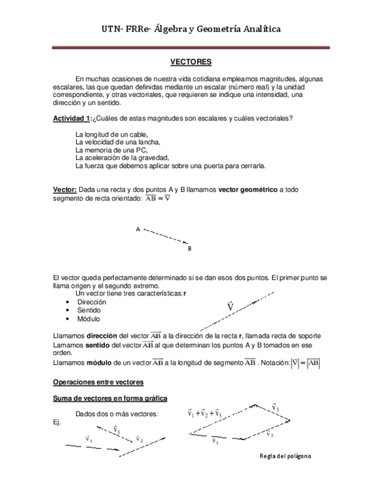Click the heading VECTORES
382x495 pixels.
point(191,61)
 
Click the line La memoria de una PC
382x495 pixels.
point(108,150)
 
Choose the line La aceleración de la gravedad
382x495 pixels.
point(122,158)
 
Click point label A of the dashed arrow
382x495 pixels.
point(138,229)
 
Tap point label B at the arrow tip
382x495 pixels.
point(190,248)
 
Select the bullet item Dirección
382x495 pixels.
point(92,302)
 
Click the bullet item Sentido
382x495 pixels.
point(89,311)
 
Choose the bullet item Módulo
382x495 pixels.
point(89,319)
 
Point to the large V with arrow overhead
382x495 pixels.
point(230,306)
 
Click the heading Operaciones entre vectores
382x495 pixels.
point(98,382)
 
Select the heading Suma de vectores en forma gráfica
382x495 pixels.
point(110,399)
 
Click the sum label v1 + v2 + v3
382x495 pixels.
point(204,413)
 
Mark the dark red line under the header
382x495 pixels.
point(191,47)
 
